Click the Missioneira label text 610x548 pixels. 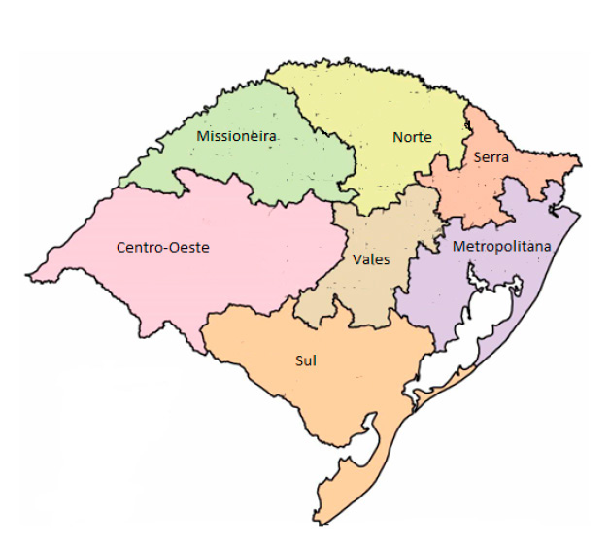[x=237, y=136]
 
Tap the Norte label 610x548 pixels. [x=412, y=137]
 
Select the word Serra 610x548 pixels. [x=491, y=155]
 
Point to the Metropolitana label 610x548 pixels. [x=501, y=247]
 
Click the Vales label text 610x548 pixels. [x=372, y=259]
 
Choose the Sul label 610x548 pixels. [x=306, y=360]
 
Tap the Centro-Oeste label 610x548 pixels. [x=162, y=248]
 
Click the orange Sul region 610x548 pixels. [x=291, y=398]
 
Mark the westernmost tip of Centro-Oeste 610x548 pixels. [x=28, y=276]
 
